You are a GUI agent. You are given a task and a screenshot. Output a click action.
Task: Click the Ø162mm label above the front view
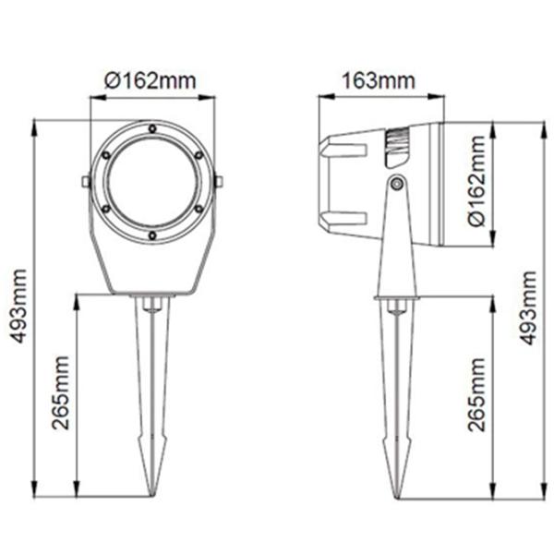(x=150, y=80)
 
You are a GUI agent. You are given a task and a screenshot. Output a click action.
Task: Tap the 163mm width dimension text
(x=379, y=81)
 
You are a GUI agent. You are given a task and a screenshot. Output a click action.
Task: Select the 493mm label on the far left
(x=18, y=306)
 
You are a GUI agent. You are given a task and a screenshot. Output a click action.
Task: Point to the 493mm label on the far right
(x=529, y=307)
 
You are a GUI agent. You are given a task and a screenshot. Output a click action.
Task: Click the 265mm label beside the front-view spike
(x=60, y=393)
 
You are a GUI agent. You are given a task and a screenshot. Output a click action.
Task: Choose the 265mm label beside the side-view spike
(x=476, y=394)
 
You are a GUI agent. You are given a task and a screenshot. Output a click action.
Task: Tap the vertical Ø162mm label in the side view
(x=476, y=181)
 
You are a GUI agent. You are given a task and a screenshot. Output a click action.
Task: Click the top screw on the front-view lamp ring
(x=152, y=128)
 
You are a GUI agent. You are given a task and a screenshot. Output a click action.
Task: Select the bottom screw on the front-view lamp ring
(x=152, y=235)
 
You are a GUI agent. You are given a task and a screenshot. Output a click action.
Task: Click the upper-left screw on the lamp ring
(x=106, y=155)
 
